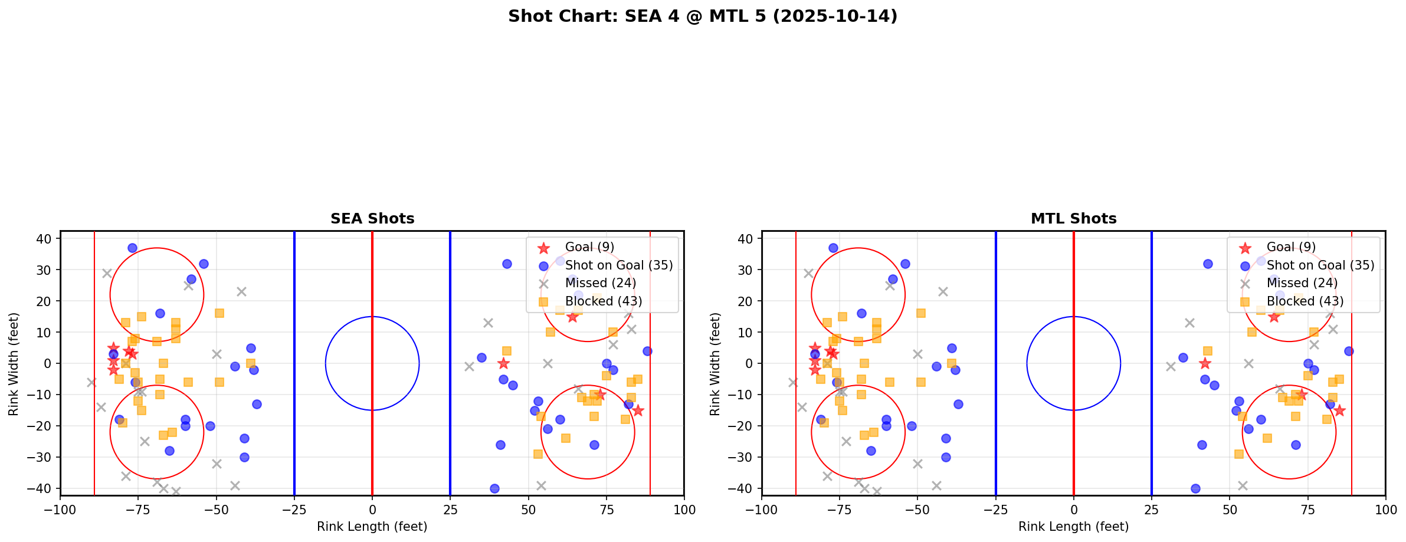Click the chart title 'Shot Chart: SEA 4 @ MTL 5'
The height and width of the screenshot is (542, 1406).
tap(702, 17)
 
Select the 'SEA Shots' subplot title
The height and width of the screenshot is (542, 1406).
tap(372, 219)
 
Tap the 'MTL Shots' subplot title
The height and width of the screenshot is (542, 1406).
tap(1073, 219)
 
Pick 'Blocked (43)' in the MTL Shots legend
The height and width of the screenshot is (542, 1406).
tap(1305, 301)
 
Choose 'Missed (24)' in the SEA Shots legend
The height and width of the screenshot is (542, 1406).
tap(600, 283)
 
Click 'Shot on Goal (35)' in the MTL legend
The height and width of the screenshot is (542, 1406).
tap(1320, 265)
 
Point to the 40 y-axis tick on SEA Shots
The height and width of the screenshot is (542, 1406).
tap(47, 238)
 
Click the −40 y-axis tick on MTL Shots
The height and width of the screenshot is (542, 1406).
tap(745, 488)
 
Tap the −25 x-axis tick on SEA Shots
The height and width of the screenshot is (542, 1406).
tap(294, 509)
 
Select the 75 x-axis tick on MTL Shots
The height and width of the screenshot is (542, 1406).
tap(1307, 509)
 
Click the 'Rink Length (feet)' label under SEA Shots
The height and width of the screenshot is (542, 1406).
tap(372, 527)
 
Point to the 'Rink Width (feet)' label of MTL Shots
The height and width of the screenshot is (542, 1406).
tap(715, 364)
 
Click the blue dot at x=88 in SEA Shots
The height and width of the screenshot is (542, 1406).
tap(647, 351)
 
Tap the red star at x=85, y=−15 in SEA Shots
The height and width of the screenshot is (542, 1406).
tap(637, 410)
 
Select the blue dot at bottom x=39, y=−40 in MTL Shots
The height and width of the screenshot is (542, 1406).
tap(1195, 488)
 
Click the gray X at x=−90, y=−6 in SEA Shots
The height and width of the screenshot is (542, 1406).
tap(91, 382)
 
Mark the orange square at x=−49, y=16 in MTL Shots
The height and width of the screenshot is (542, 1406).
tap(921, 313)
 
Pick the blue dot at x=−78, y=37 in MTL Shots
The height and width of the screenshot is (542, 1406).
tap(833, 248)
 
